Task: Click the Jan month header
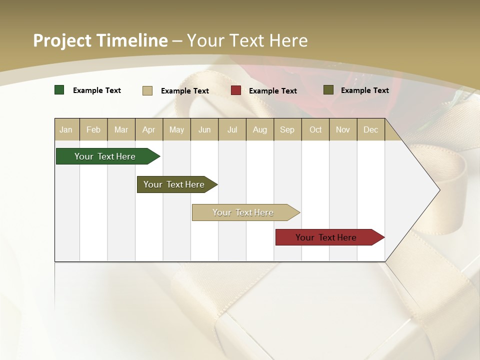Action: [66, 129]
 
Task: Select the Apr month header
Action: [149, 129]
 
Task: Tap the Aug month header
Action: [260, 129]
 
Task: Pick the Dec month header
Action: [370, 129]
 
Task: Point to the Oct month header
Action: [315, 129]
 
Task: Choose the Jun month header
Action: [204, 129]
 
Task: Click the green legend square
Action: [59, 90]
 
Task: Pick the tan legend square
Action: [147, 90]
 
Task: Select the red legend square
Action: [236, 90]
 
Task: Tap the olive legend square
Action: [328, 90]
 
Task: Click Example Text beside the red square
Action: [273, 91]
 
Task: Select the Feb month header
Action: [93, 129]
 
